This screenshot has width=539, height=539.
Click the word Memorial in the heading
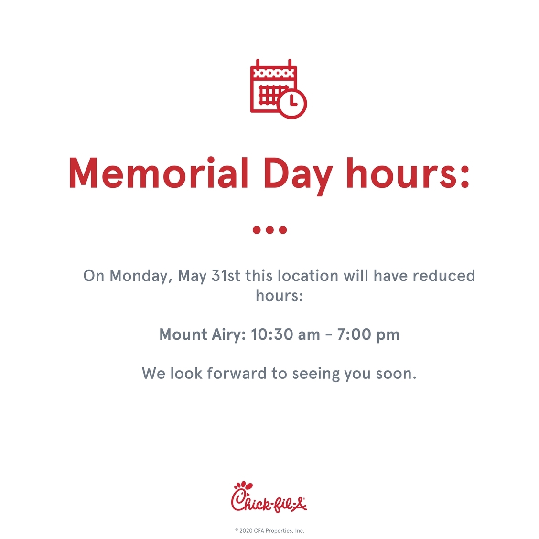pyautogui.click(x=159, y=172)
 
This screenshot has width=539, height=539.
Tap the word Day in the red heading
pyautogui.click(x=298, y=175)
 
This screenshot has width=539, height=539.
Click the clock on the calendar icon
pyautogui.click(x=292, y=104)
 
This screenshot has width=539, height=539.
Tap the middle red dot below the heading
pyautogui.click(x=270, y=230)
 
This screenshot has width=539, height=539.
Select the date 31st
pyautogui.click(x=226, y=276)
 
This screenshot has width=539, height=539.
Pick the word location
pyautogui.click(x=308, y=276)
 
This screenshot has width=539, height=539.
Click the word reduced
pyautogui.click(x=444, y=276)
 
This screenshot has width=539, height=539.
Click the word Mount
pyautogui.click(x=183, y=334)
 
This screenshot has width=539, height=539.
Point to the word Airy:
pyautogui.click(x=228, y=335)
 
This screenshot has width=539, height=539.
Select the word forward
pyautogui.click(x=237, y=373)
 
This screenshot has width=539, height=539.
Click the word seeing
pyautogui.click(x=315, y=374)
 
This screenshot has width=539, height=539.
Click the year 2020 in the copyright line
pyautogui.click(x=246, y=531)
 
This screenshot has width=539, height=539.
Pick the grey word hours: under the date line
pyautogui.click(x=280, y=295)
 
